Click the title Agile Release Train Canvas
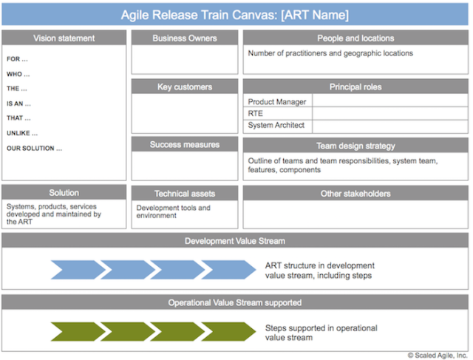click(x=235, y=14)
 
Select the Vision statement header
click(x=64, y=38)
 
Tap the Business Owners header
click(x=185, y=38)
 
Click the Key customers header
click(x=185, y=86)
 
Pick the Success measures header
click(x=185, y=144)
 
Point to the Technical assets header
click(x=185, y=193)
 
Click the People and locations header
click(x=355, y=38)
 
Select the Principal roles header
click(x=355, y=86)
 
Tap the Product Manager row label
click(x=277, y=101)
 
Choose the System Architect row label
click(x=276, y=126)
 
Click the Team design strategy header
click(x=355, y=146)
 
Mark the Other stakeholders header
click(x=355, y=194)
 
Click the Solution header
click(x=64, y=193)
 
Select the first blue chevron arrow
click(x=74, y=270)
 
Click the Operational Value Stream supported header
click(x=235, y=302)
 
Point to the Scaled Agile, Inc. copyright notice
click(x=438, y=355)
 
